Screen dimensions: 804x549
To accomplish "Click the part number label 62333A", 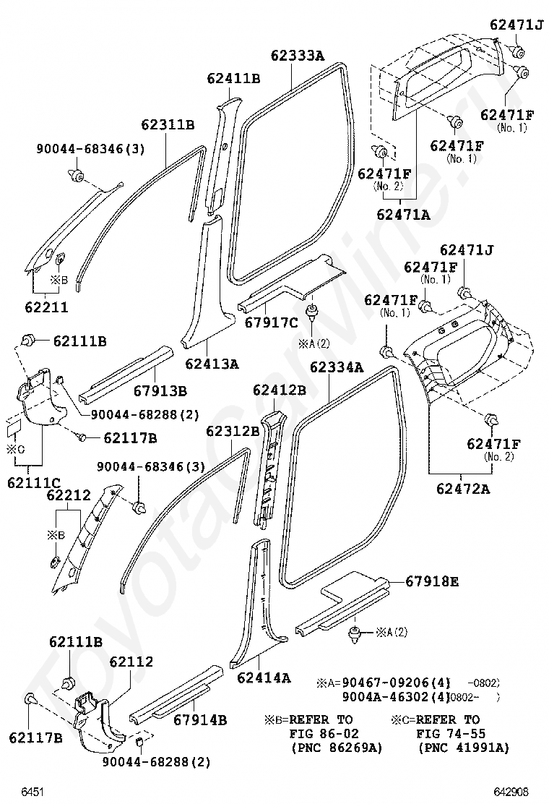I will pyautogui.click(x=298, y=55).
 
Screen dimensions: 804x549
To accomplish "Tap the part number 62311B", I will pyautogui.click(x=168, y=124).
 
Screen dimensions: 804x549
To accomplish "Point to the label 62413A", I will pyautogui.click(x=212, y=364).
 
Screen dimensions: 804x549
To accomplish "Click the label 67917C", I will pyautogui.click(x=271, y=322).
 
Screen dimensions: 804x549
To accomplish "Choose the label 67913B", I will pyautogui.click(x=160, y=391).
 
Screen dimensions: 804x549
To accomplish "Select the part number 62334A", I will pyautogui.click(x=337, y=367).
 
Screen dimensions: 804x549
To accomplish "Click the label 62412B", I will pyautogui.click(x=280, y=390).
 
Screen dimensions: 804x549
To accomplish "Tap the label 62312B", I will pyautogui.click(x=233, y=431).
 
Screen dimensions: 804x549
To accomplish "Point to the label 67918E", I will pyautogui.click(x=432, y=581).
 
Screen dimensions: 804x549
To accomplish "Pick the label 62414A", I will pyautogui.click(x=264, y=677).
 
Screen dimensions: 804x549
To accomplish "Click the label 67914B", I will pyautogui.click(x=200, y=719).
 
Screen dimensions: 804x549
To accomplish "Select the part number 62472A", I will pyautogui.click(x=463, y=489).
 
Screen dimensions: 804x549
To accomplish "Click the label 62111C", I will pyautogui.click(x=35, y=482).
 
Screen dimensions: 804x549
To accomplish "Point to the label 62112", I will pyautogui.click(x=131, y=662).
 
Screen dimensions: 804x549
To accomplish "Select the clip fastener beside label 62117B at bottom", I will pyautogui.click(x=32, y=699).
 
